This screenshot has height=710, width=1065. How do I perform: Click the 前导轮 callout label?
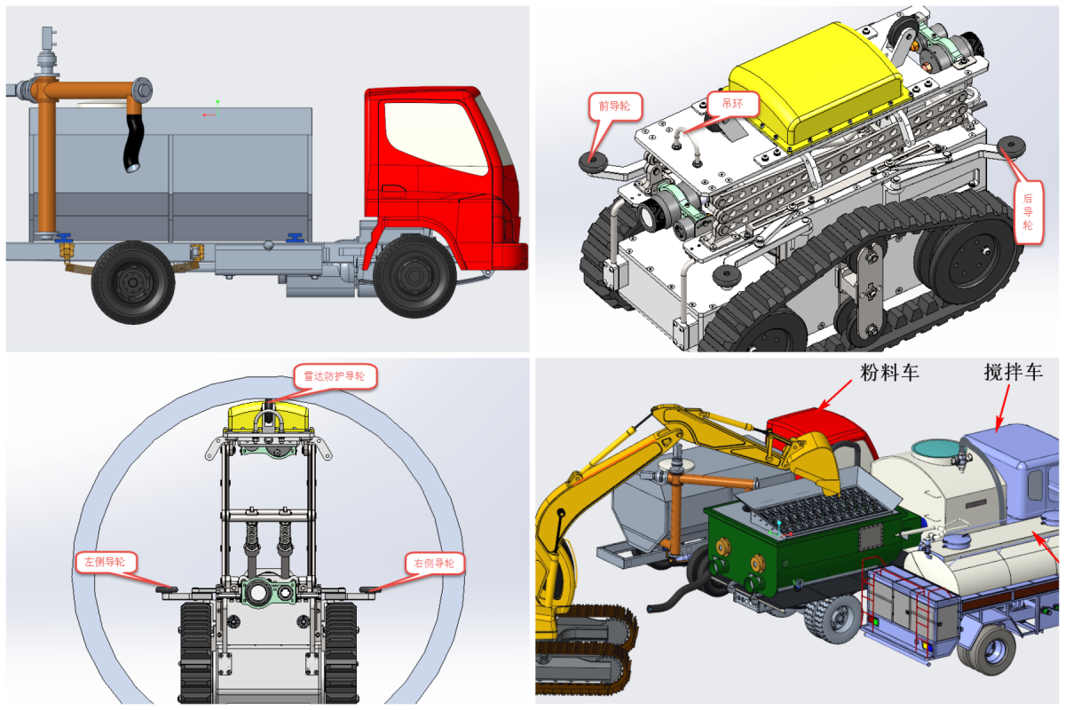click(x=615, y=106)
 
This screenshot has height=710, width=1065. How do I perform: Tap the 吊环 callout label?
click(x=732, y=104)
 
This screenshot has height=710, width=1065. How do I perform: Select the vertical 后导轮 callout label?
click(x=1028, y=211)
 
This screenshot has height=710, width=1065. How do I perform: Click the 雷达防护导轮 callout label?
click(x=335, y=376)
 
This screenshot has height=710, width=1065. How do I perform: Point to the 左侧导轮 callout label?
click(x=106, y=562)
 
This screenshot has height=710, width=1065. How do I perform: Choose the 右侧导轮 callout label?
click(x=434, y=563)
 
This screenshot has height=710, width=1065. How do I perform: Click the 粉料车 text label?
click(x=889, y=373)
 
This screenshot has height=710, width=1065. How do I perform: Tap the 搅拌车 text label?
click(x=1014, y=372)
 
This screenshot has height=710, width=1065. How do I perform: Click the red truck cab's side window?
click(x=435, y=137)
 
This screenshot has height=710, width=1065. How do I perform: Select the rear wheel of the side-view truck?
click(x=133, y=282)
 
